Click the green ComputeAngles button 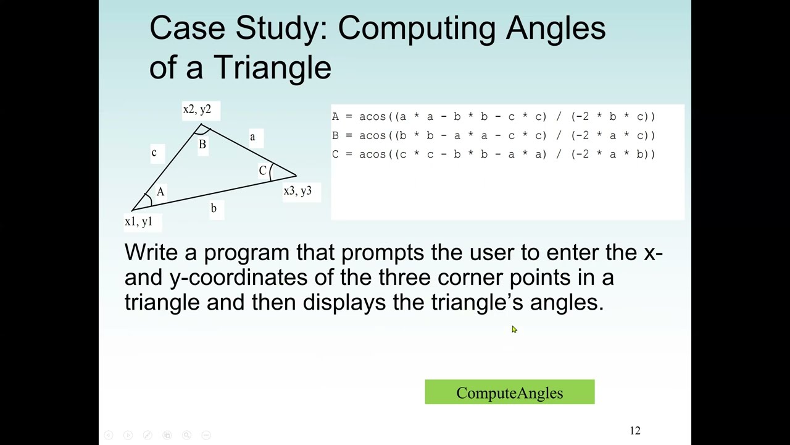509,392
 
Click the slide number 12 635,431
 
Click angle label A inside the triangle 160,192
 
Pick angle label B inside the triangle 202,145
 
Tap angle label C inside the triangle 262,171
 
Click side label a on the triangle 252,137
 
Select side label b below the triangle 214,208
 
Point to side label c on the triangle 154,152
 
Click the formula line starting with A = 493,117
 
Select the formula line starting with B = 493,135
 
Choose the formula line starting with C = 493,155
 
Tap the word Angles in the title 555,29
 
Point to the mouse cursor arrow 514,329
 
